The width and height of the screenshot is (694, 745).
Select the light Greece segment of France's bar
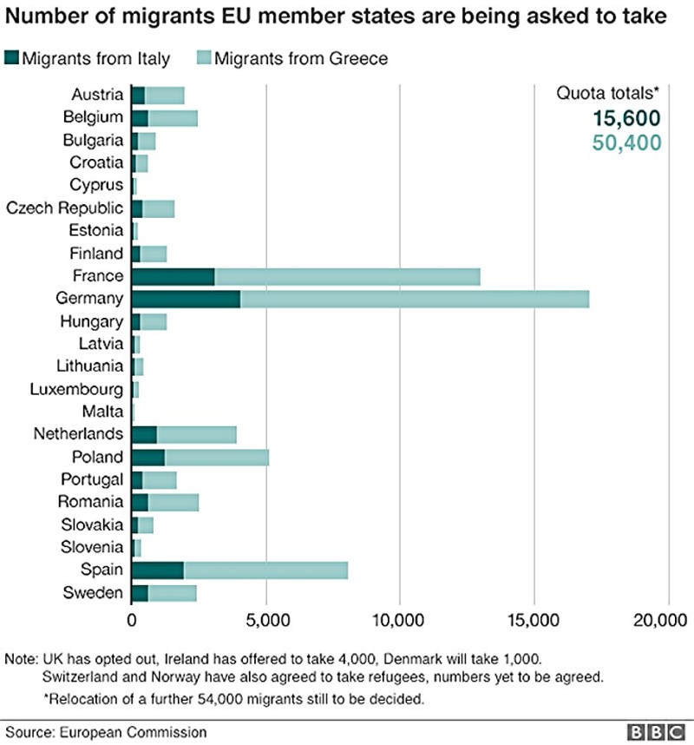pos(347,277)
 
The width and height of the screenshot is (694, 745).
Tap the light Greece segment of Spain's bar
pos(265,570)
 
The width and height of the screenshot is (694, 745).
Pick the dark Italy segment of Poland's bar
pos(148,458)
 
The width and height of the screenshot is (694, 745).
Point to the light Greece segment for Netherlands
pos(196,435)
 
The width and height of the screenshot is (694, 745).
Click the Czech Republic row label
pos(64,208)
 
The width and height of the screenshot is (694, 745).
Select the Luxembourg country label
pos(80,389)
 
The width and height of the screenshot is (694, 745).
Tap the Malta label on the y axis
pos(101,412)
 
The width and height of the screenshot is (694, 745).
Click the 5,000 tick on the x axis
pos(265,622)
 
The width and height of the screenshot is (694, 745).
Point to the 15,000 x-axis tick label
pos(534,622)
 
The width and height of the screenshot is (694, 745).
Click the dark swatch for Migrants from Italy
pos(12,58)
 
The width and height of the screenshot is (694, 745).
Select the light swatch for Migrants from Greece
pos(205,58)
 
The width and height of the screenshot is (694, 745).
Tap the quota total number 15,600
pos(626,120)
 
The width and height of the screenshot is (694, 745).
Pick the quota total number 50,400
pos(626,142)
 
